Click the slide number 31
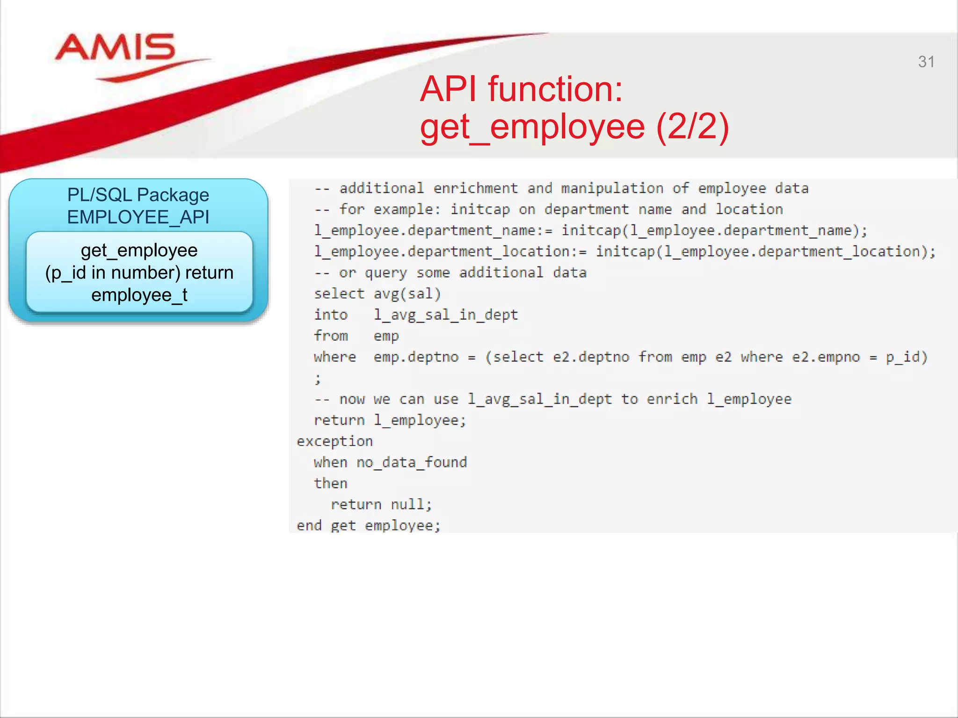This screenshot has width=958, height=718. click(926, 62)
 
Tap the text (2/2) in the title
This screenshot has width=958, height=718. click(692, 127)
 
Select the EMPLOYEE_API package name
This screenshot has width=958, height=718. click(138, 217)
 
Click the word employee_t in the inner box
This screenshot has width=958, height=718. click(139, 295)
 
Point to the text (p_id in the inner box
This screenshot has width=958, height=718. click(65, 273)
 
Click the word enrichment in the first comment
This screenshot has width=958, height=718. click(475, 188)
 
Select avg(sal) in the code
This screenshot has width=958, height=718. click(407, 294)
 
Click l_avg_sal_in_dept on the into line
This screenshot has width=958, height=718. click(446, 315)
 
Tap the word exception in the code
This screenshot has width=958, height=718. click(334, 441)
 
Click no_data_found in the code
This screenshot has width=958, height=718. click(412, 462)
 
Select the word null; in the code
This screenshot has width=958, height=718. click(411, 504)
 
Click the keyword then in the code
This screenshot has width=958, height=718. click(330, 483)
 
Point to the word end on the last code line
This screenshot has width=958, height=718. click(309, 525)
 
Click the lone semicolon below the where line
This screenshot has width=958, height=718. click(318, 378)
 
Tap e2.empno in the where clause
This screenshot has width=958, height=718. click(826, 357)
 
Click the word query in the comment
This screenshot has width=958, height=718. click(386, 273)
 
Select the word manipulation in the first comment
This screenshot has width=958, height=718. click(612, 188)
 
